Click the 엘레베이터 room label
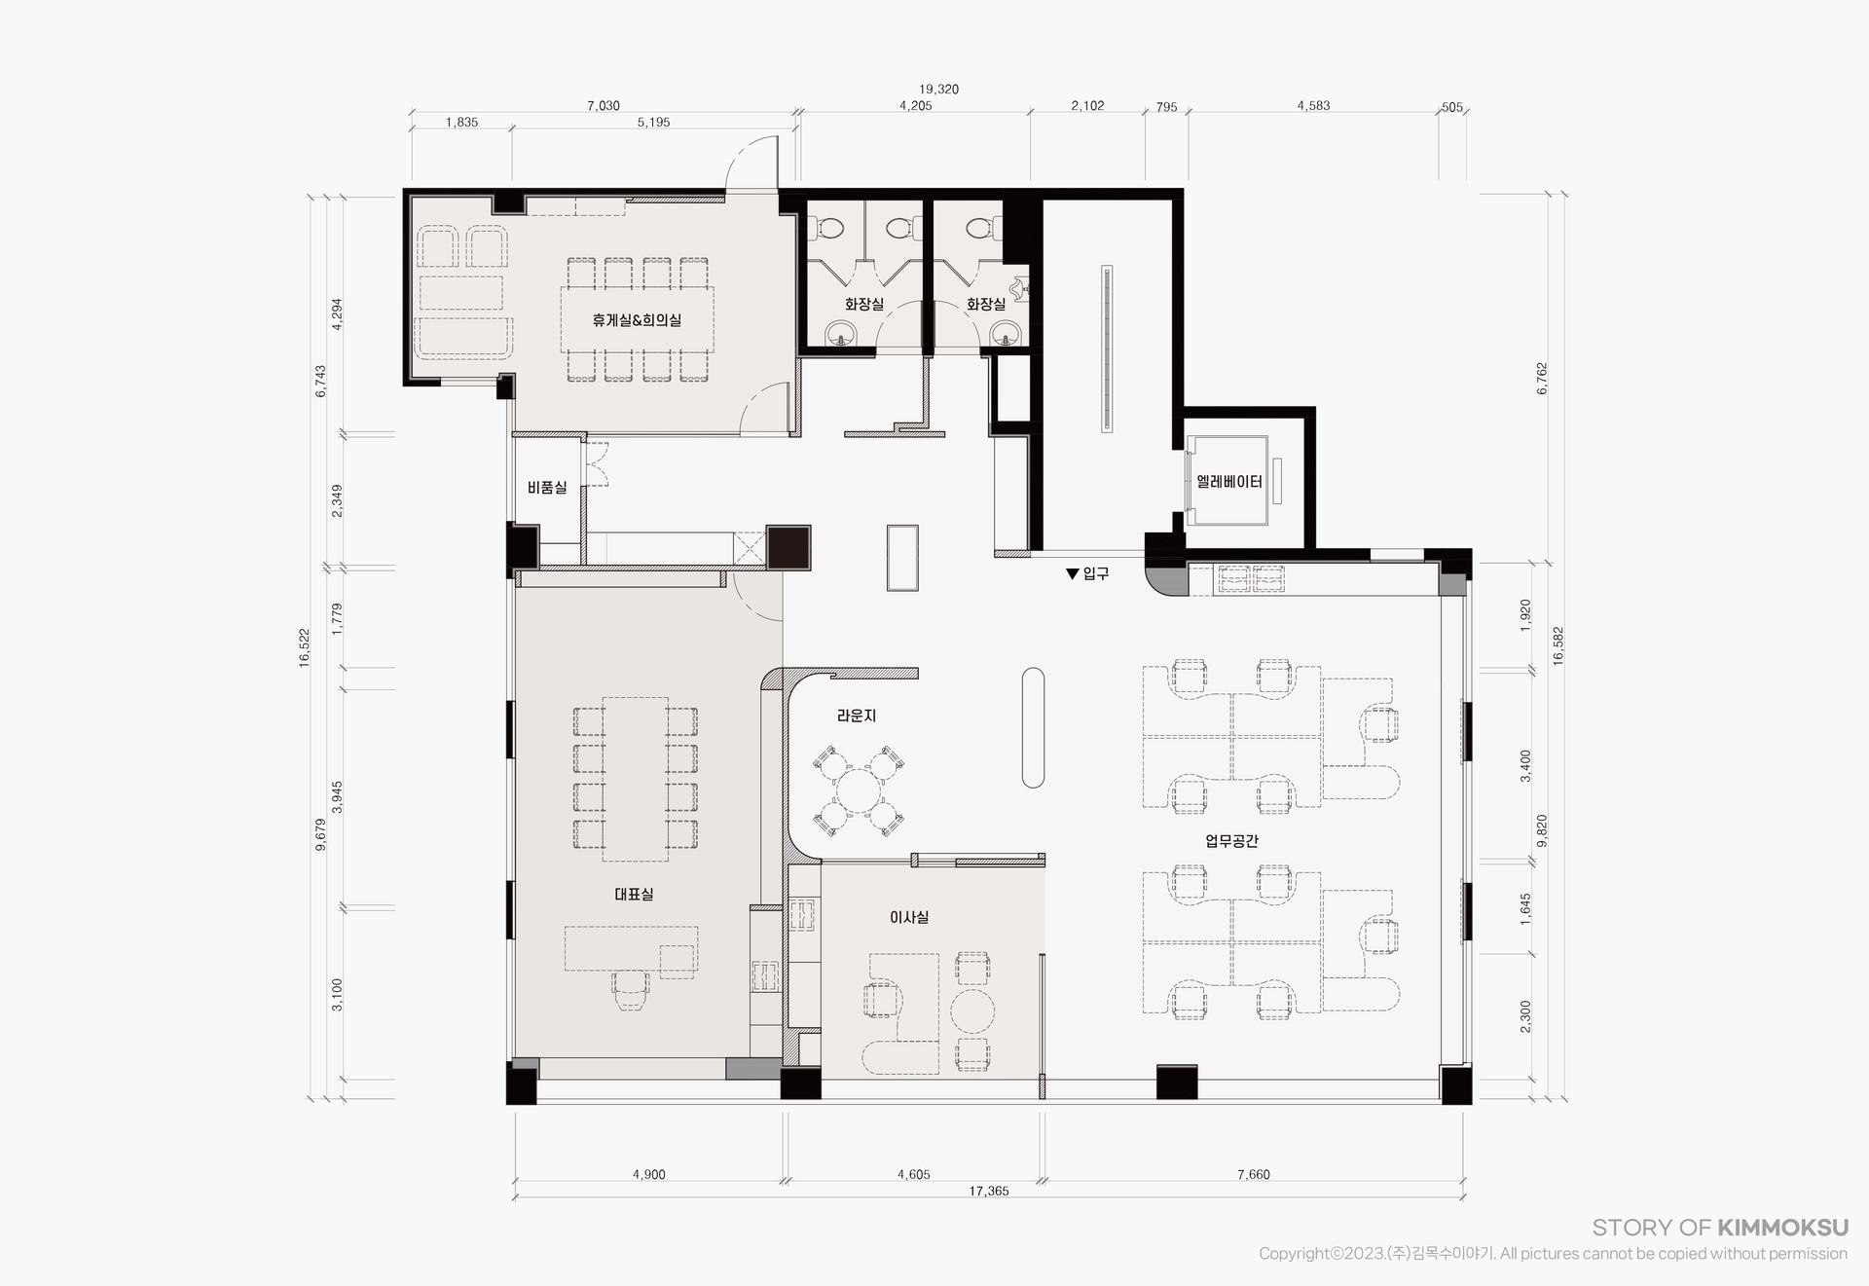[1228, 482]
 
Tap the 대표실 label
[634, 894]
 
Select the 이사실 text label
[909, 917]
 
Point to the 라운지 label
[857, 716]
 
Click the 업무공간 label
[1231, 840]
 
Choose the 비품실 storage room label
[547, 488]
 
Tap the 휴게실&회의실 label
[637, 319]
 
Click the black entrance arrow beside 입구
[1073, 574]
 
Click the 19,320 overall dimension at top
[938, 90]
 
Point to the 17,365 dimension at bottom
[989, 1191]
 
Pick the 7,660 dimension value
[1254, 1174]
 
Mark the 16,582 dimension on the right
[1557, 645]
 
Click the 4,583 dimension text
[1313, 106]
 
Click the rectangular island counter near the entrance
[902, 557]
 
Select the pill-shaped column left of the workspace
[1033, 727]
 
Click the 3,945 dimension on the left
[338, 796]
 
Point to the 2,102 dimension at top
[1087, 106]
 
